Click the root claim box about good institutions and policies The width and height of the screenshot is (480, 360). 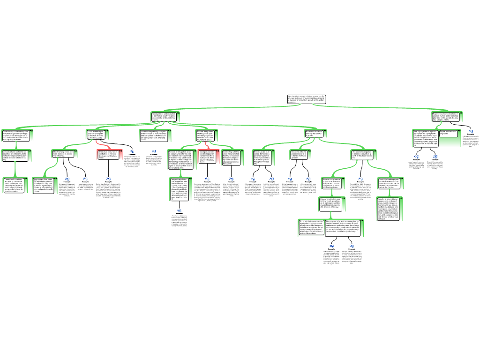[x=306, y=99]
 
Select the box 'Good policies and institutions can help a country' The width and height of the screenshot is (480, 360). [x=165, y=116]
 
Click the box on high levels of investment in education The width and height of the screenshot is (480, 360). [x=447, y=116]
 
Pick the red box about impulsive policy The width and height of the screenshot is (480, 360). [x=109, y=155]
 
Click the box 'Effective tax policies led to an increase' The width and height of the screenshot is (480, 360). [x=64, y=154]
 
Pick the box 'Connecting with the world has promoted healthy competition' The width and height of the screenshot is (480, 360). [x=231, y=157]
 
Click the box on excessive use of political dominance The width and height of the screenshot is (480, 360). [x=263, y=157]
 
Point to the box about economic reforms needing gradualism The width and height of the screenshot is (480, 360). [x=300, y=155]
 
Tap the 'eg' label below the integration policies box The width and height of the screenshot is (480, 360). [x=180, y=210]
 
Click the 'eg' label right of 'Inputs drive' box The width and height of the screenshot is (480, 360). [x=471, y=131]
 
